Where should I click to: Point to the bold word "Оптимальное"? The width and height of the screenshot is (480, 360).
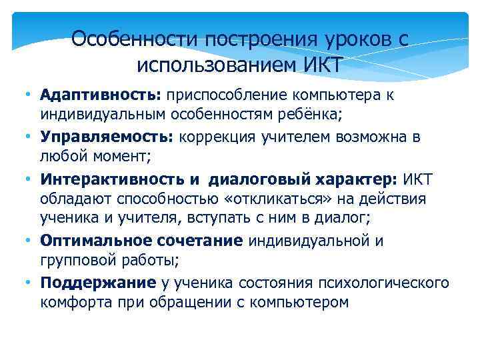click(x=92, y=241)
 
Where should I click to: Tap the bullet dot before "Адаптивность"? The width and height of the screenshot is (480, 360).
click(x=23, y=95)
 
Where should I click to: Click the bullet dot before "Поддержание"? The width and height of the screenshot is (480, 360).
click(x=23, y=283)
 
